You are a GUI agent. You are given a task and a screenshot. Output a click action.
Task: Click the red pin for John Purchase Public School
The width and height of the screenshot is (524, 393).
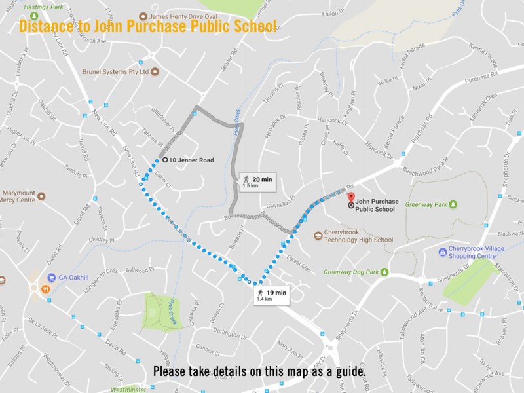coord(350,197)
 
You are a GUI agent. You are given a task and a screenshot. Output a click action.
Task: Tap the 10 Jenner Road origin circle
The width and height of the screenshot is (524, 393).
coord(165,159)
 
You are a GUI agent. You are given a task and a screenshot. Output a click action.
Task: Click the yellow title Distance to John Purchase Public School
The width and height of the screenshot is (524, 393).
coord(147,27)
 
